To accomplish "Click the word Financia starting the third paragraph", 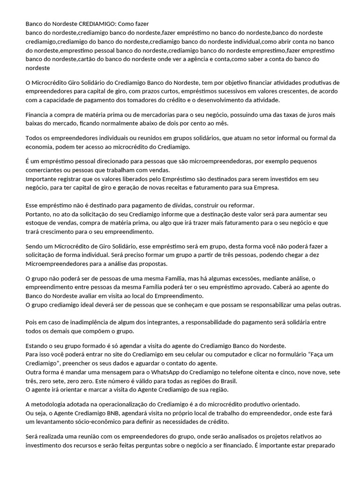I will pos(38,115).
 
